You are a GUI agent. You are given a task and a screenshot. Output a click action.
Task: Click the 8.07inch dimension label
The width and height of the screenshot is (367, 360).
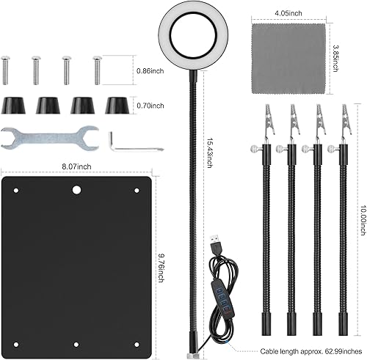click(x=76, y=166)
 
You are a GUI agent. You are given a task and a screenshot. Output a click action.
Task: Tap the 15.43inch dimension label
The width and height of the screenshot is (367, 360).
click(x=209, y=153)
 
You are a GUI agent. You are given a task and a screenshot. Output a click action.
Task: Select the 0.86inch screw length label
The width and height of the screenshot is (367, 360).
click(x=150, y=71)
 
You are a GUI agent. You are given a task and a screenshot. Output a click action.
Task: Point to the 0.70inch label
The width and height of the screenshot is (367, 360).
click(x=150, y=106)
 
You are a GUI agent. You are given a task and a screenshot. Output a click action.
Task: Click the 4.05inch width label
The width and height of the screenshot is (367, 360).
click(x=288, y=13)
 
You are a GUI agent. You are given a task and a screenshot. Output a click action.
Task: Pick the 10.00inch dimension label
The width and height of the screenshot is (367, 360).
click(x=363, y=221)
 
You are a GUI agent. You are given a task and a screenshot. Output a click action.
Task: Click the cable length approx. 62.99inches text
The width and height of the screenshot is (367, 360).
click(x=311, y=351)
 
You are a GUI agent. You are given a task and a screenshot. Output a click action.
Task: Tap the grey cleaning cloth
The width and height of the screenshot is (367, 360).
click(x=289, y=58)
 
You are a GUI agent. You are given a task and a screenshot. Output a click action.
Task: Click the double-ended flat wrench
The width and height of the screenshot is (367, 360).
click(x=50, y=138)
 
